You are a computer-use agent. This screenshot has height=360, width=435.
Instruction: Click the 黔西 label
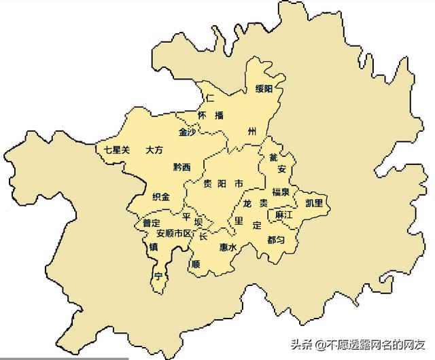[182, 166]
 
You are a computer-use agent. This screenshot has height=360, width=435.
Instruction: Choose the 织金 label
[161, 196]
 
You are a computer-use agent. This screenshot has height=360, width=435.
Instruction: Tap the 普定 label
[151, 222]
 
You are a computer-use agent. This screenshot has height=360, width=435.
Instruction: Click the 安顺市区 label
[175, 233]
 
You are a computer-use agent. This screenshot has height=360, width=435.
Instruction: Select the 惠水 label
[228, 248]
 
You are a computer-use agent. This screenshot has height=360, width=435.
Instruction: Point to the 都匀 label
[276, 240]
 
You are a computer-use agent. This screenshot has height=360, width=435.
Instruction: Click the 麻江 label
[283, 215]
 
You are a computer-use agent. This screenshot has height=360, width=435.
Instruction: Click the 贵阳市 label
[223, 184]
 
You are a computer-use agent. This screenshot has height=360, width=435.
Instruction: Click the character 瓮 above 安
[273, 158]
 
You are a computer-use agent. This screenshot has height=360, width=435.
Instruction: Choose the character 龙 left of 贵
[247, 204]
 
